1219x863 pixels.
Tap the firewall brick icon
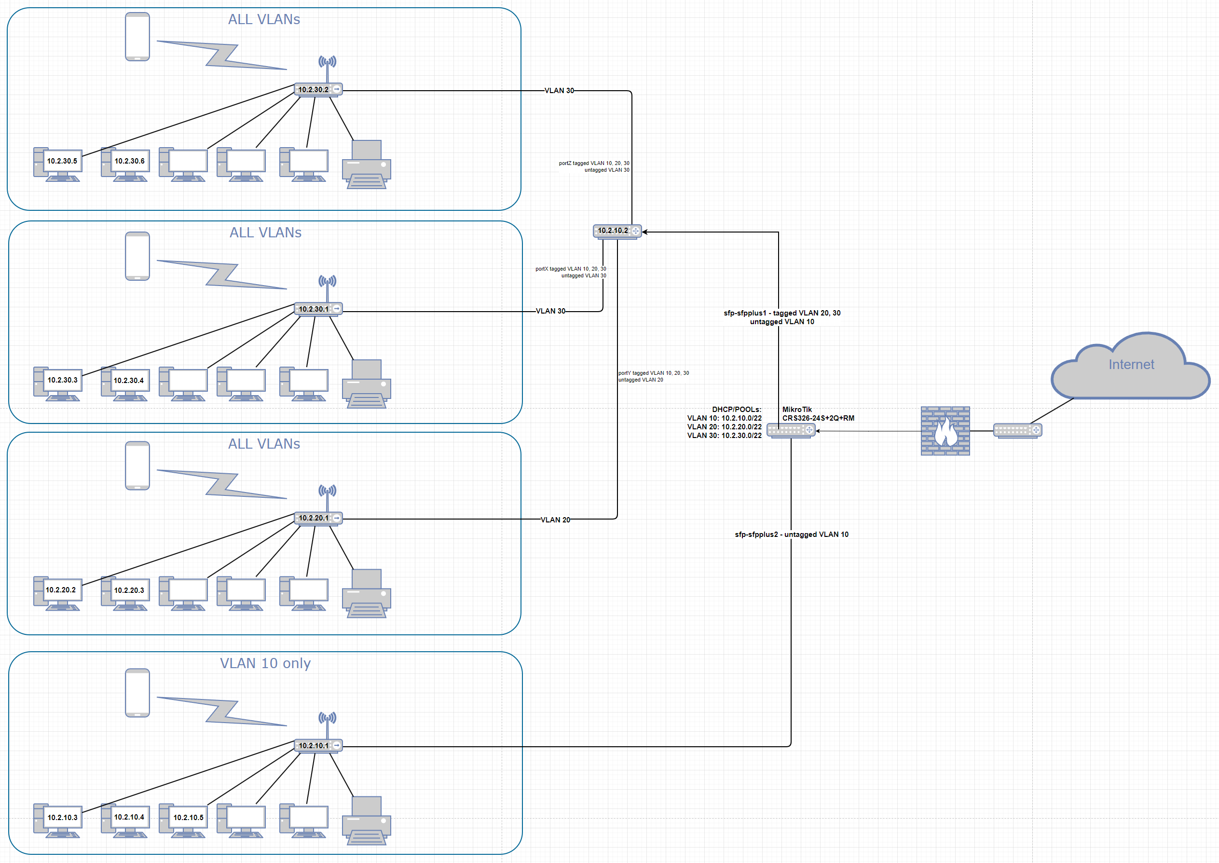point(945,431)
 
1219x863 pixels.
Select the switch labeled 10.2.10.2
point(617,231)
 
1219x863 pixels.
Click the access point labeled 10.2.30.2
point(318,89)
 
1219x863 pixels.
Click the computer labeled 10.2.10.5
point(183,821)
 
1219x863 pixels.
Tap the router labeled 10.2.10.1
point(318,746)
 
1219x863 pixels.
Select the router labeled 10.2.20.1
point(318,518)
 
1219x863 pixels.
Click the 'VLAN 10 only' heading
point(265,663)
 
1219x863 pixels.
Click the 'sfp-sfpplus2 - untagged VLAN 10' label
point(791,534)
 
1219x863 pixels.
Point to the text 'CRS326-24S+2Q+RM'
point(818,418)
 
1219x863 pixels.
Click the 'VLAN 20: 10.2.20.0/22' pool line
point(724,427)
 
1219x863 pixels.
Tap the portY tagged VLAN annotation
point(653,376)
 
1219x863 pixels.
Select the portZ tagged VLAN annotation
point(594,166)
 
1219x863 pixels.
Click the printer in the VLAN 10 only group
point(367,821)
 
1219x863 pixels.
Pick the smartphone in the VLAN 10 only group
point(137,692)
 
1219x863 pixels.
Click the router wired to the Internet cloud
point(1017,430)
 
